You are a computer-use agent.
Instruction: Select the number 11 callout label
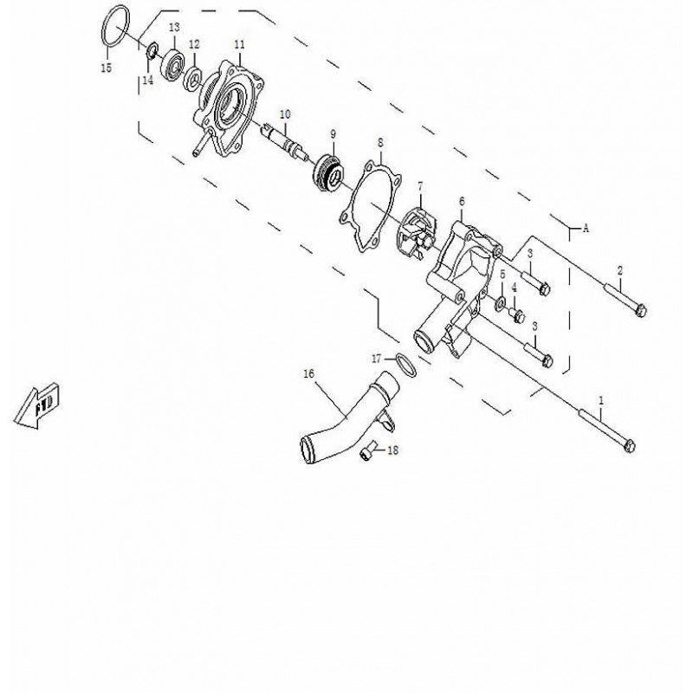click(x=240, y=44)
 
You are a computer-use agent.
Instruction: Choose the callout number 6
click(x=462, y=201)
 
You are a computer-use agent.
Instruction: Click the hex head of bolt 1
click(x=631, y=448)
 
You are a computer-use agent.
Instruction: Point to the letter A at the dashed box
click(x=586, y=229)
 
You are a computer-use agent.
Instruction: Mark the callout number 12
click(x=195, y=44)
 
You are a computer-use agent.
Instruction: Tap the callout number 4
click(x=514, y=287)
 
